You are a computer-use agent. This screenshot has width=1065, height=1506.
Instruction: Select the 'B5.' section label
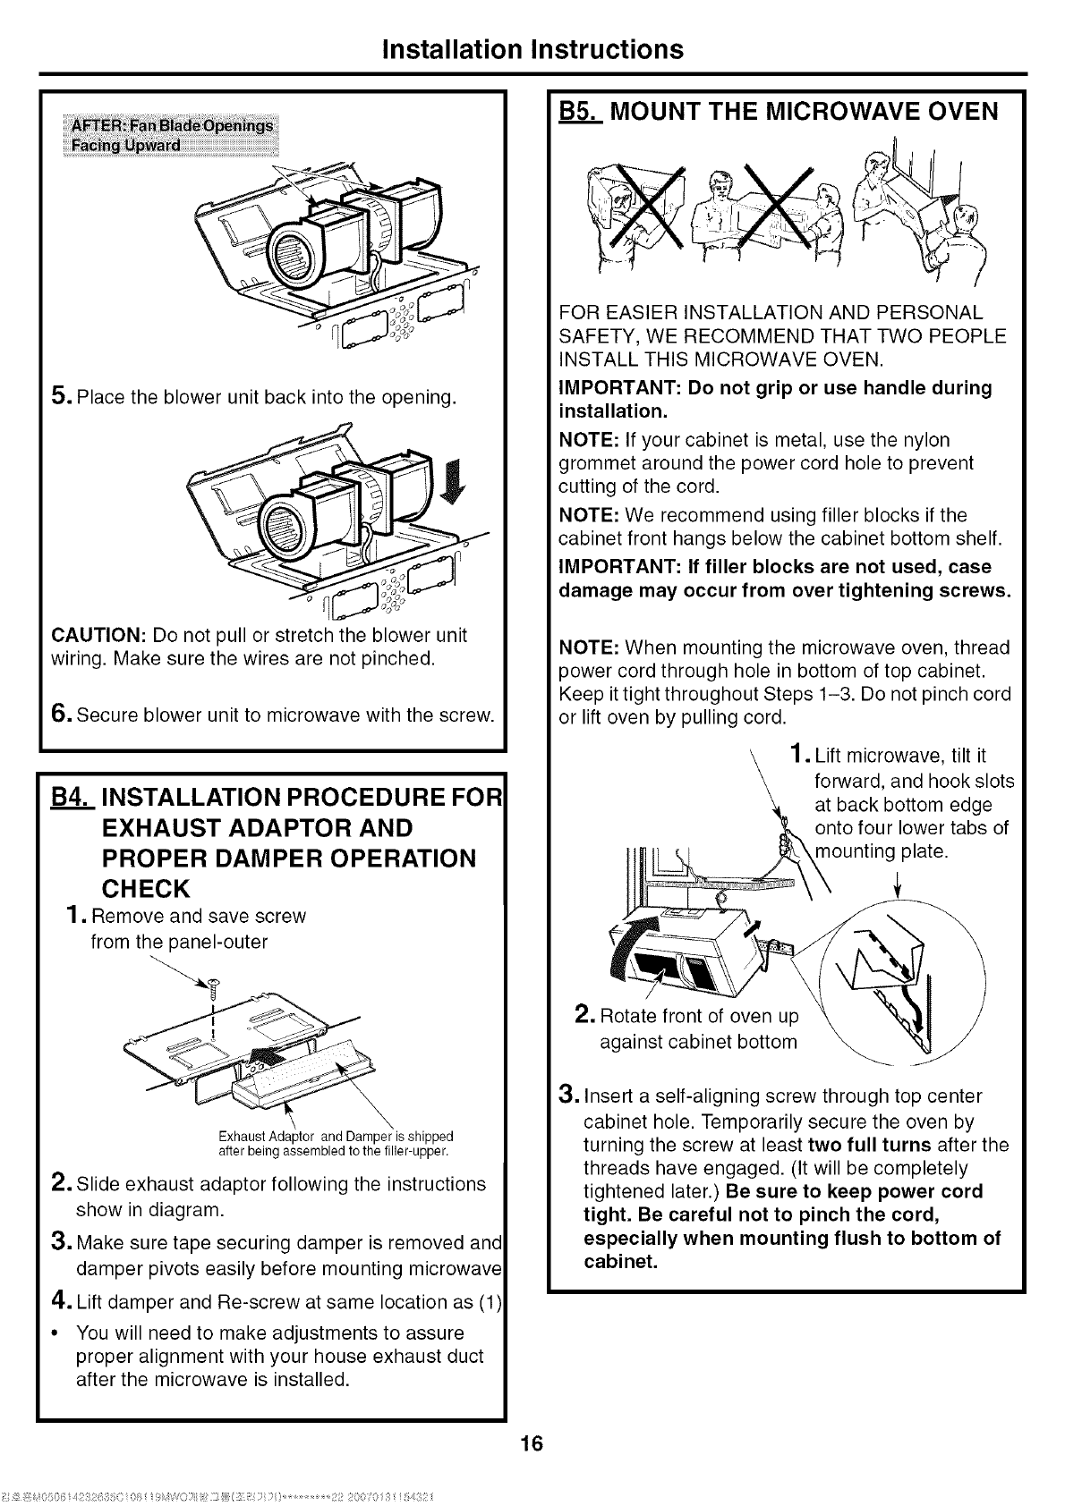(579, 112)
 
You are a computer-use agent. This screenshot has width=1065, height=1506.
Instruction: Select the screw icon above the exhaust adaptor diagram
(213, 988)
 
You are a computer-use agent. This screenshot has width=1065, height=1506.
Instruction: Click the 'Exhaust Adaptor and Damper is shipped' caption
(368, 1138)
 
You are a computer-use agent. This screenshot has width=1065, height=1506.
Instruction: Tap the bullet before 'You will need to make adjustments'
(55, 1333)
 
